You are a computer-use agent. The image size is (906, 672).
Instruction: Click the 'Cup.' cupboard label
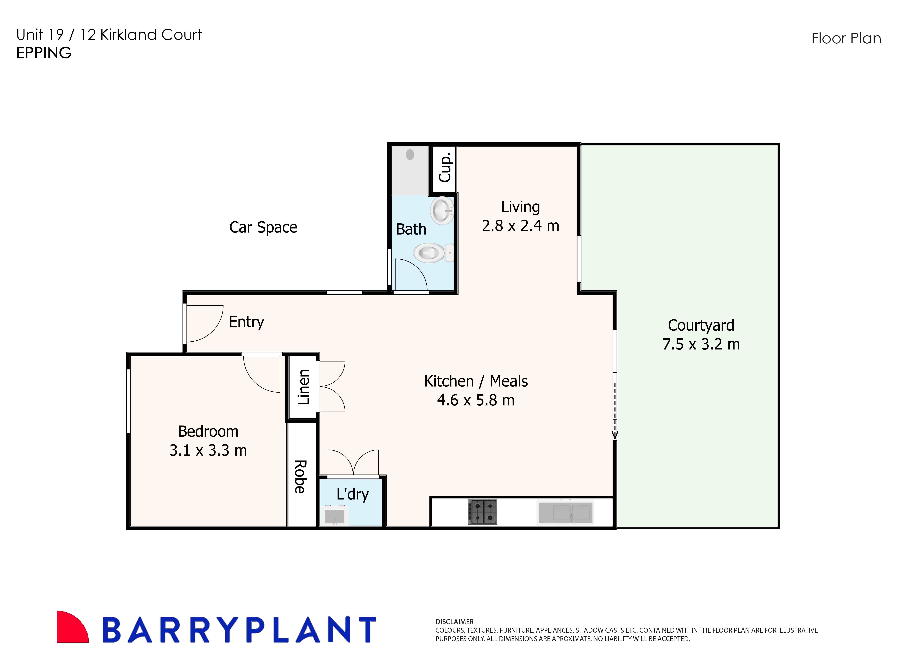[x=445, y=168]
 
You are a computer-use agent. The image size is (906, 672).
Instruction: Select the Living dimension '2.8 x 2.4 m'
[x=520, y=226]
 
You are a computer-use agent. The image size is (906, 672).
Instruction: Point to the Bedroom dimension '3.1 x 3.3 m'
[x=208, y=450]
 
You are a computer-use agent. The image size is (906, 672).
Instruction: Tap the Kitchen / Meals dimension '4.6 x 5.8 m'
[x=476, y=400]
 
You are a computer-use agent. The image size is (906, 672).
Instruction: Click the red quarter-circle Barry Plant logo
[x=71, y=628]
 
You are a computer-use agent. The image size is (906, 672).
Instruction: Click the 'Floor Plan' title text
[x=846, y=39]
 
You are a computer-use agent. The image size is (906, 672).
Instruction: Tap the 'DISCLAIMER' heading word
[x=454, y=622]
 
